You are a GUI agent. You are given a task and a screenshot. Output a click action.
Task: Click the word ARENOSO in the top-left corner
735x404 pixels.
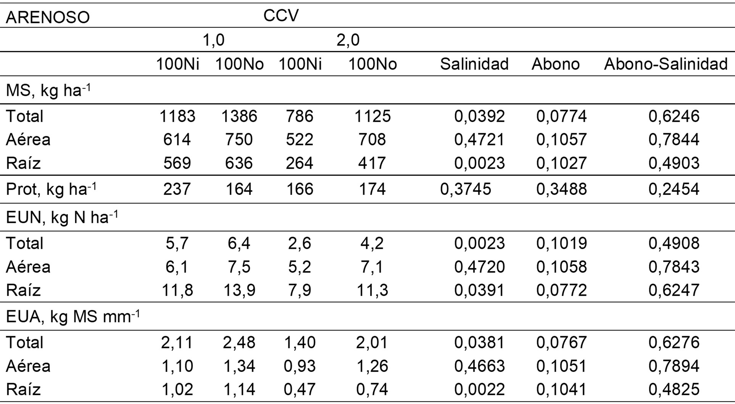click(x=48, y=18)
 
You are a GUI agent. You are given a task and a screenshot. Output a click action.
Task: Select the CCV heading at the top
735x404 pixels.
click(x=281, y=16)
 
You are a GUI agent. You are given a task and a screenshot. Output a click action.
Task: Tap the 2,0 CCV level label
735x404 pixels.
click(x=348, y=40)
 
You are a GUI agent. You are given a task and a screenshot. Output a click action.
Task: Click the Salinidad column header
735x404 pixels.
click(x=474, y=64)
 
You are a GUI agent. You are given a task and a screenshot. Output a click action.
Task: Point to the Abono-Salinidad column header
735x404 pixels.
click(x=666, y=64)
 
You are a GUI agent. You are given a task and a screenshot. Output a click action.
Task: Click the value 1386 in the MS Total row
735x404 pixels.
click(x=239, y=116)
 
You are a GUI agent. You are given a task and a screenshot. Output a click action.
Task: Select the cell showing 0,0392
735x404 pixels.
click(x=479, y=116)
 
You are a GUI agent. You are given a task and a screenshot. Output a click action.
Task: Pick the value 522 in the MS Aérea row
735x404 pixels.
click(x=300, y=139)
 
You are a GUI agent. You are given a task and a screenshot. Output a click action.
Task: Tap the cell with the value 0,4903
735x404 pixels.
click(x=674, y=163)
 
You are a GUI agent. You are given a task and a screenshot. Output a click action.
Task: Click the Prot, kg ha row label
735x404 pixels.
click(x=51, y=189)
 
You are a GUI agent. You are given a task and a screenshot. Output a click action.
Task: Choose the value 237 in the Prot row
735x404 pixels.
click(x=177, y=189)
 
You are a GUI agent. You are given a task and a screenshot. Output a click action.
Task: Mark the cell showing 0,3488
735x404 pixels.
click(x=561, y=189)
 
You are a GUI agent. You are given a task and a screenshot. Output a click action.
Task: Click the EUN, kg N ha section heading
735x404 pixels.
click(x=61, y=217)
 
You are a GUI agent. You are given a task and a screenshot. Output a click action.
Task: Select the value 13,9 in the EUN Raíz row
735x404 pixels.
click(x=239, y=290)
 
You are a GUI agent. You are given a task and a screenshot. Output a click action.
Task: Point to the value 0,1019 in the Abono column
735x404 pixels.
click(x=561, y=243)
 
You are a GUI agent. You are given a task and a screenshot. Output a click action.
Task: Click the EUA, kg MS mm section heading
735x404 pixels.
click(x=73, y=317)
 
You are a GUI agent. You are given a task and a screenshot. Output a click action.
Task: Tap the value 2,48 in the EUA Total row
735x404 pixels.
click(x=239, y=342)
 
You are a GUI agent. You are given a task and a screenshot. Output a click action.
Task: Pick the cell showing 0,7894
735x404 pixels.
click(x=674, y=366)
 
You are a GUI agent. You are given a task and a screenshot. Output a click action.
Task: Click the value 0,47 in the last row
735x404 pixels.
click(x=300, y=390)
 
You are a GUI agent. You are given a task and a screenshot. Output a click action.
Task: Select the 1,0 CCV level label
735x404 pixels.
click(x=213, y=40)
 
